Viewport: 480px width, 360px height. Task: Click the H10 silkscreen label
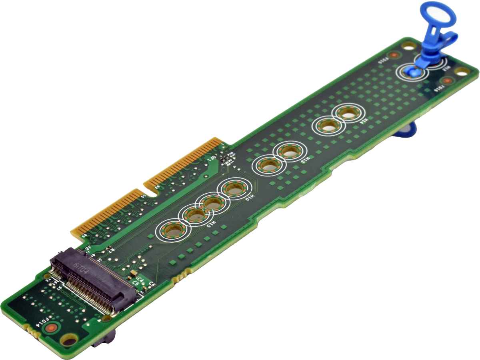[249, 197]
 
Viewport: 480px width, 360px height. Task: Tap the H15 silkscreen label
[211, 224]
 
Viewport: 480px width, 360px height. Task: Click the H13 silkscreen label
[305, 160]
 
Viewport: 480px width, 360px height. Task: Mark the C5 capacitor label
[136, 283]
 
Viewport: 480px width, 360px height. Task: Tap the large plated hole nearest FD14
[69, 340]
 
